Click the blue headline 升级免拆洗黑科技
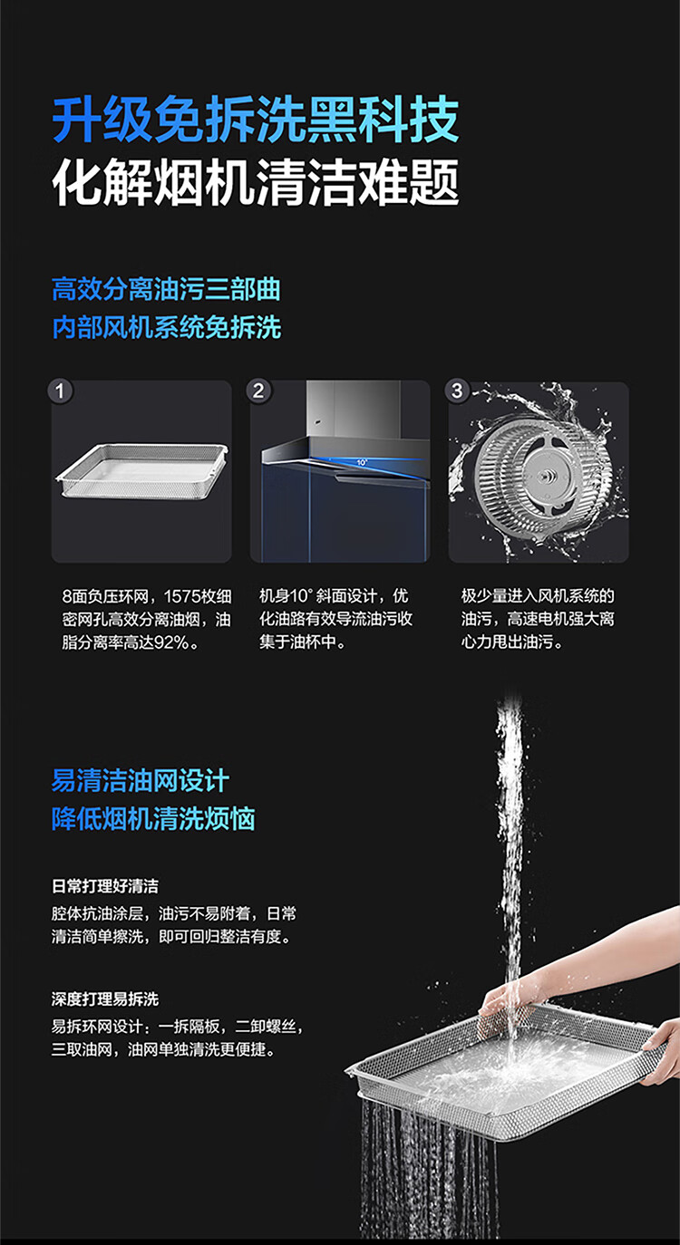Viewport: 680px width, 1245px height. point(256,120)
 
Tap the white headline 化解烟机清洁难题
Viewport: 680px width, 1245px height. point(256,182)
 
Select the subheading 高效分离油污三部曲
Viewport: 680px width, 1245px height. point(166,290)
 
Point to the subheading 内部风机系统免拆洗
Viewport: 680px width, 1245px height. point(166,327)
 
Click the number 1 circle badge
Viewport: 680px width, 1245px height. point(60,391)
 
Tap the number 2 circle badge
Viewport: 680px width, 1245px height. point(258,391)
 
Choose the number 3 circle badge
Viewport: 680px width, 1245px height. point(457,391)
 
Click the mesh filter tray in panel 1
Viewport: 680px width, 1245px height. point(141,470)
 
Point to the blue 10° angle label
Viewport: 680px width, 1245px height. point(362,462)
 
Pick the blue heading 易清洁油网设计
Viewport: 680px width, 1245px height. point(141,780)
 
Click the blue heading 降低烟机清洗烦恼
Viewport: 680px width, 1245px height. point(153,819)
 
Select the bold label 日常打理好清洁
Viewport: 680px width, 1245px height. point(105,886)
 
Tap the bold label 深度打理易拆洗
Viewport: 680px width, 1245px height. point(105,999)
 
